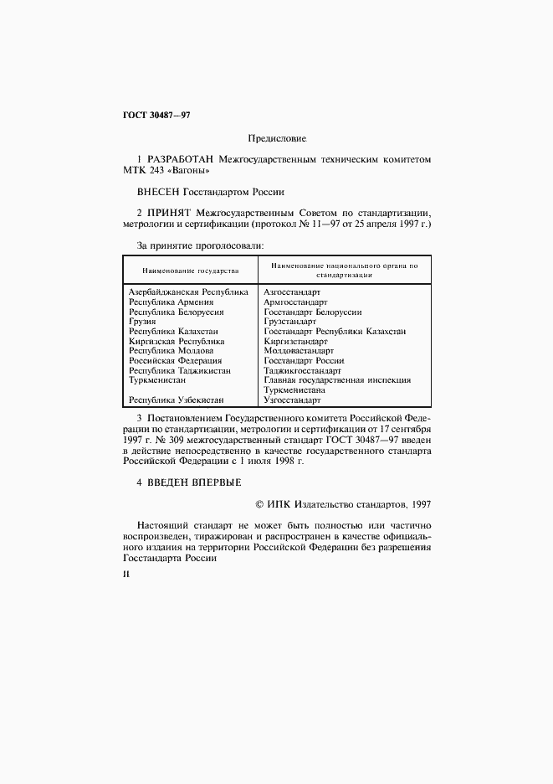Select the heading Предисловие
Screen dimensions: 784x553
277,137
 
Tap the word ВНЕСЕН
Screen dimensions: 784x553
157,191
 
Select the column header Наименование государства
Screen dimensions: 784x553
190,271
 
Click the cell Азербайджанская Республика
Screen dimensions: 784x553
188,292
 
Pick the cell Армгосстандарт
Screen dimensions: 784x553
295,302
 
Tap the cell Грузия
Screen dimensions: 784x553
142,321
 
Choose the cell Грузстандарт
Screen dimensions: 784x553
289,321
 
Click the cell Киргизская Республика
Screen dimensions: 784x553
177,341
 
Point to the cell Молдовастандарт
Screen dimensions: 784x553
299,350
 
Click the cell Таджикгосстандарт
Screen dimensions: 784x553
302,369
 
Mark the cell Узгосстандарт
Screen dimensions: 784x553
293,400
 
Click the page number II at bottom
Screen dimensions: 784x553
125,575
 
